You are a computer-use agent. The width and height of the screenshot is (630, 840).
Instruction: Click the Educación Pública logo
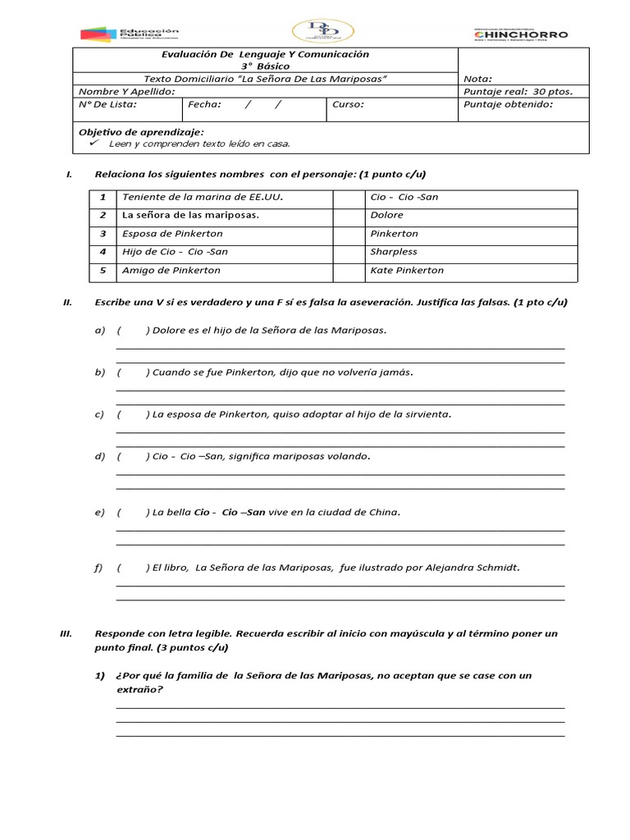(x=129, y=34)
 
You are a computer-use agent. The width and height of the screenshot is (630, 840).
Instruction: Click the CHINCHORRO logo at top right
(x=520, y=34)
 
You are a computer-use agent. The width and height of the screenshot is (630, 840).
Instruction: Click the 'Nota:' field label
(x=477, y=79)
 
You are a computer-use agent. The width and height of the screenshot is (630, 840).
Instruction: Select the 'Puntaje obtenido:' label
(x=508, y=104)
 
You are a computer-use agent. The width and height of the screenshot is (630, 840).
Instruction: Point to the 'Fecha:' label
(x=204, y=104)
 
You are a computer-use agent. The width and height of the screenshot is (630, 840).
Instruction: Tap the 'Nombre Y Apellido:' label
(x=126, y=91)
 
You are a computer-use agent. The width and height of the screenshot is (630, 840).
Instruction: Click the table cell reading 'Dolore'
(x=386, y=215)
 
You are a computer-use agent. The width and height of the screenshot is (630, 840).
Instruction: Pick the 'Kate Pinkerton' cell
(x=407, y=270)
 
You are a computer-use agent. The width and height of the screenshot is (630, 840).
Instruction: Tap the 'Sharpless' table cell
(x=394, y=252)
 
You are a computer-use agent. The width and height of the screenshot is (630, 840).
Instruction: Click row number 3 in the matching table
(x=103, y=234)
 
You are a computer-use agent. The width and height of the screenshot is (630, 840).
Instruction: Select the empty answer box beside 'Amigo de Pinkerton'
(x=348, y=270)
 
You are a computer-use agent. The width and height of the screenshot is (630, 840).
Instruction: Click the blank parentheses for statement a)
(x=133, y=331)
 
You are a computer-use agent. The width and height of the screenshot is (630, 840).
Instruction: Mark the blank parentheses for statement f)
(x=133, y=568)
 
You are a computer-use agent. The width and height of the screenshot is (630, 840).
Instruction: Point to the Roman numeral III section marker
(x=68, y=634)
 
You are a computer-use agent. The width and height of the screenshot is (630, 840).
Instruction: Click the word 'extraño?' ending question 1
(x=139, y=690)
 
